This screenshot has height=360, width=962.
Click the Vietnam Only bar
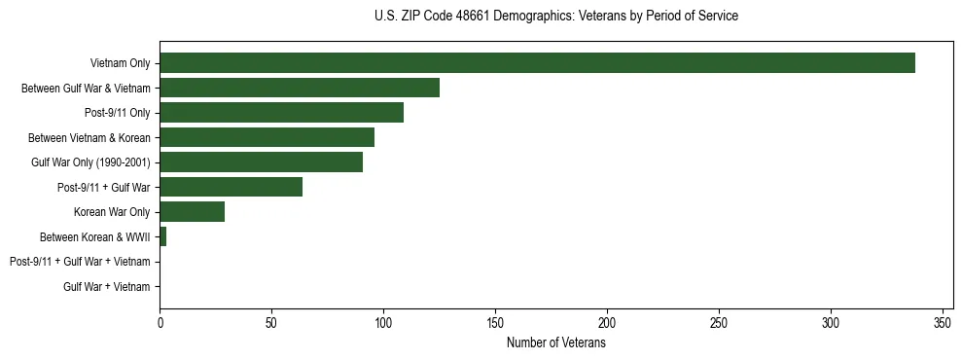[537, 63]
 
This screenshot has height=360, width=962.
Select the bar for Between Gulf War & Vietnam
[300, 88]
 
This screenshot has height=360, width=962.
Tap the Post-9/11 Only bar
[281, 113]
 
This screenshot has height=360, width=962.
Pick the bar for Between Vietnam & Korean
[267, 137]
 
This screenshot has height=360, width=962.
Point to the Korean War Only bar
[192, 212]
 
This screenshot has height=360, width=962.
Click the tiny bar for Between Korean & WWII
[162, 236]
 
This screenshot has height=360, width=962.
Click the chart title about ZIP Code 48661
[555, 17]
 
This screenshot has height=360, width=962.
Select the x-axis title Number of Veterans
[555, 343]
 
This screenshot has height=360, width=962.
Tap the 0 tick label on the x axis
[160, 323]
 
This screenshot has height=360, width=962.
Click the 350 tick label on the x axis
[943, 323]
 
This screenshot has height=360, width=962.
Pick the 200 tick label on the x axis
[607, 323]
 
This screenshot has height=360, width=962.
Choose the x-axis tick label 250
[719, 323]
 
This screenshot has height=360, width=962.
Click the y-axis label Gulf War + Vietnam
[107, 287]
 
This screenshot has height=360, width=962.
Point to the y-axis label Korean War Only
[112, 212]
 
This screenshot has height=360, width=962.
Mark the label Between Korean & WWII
[95, 237]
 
